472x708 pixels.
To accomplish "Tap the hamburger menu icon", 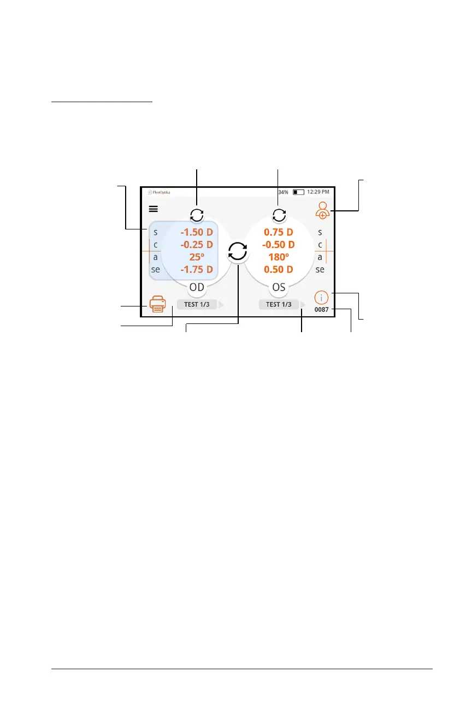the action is click(154, 209).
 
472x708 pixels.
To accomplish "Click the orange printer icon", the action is click(157, 304).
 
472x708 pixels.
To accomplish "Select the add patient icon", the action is click(323, 210).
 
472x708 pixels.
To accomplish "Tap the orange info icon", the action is click(322, 298).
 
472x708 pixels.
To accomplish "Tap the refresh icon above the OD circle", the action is click(197, 215).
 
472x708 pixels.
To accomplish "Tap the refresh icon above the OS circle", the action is click(279, 215).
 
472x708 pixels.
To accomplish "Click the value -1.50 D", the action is click(197, 232).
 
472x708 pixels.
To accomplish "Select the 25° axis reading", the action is click(197, 257).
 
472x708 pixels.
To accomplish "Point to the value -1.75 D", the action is click(197, 269).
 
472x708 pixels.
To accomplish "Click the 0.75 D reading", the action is click(279, 232).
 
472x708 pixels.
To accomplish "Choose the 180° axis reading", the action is click(279, 257).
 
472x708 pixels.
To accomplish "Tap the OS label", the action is click(279, 287).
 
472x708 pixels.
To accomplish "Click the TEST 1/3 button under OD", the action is click(197, 304).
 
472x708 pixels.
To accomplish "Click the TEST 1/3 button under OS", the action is click(279, 304).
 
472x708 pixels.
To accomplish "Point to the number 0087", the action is click(322, 310).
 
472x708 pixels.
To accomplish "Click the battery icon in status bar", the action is click(298, 192).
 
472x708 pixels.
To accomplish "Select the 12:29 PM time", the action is click(318, 192).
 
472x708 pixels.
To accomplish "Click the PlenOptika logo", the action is click(159, 192).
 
